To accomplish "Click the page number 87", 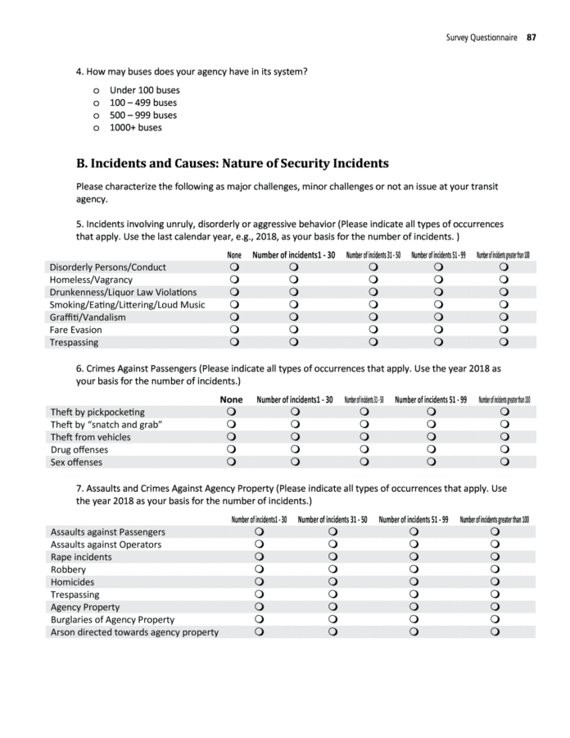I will coord(531,37).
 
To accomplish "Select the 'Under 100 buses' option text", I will coord(144,90).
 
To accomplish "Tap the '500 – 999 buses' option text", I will coord(142,115).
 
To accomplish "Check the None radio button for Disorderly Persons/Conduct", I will coord(234,267).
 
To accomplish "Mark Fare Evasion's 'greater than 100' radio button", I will coord(504,330).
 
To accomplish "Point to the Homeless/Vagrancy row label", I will coord(91,280).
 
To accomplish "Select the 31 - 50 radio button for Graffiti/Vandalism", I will coord(373,317).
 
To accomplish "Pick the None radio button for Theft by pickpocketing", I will coord(232,412).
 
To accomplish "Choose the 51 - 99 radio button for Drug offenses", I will coord(431,449).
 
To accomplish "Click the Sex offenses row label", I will coord(76,462).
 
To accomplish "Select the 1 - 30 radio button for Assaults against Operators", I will coord(259,544).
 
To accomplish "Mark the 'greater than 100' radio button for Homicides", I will coord(495,582).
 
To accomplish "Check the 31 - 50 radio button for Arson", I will coord(332,632).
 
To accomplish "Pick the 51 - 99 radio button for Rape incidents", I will coord(414,557).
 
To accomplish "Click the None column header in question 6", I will coord(232,399).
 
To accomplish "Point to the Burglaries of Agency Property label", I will coord(112,620).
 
